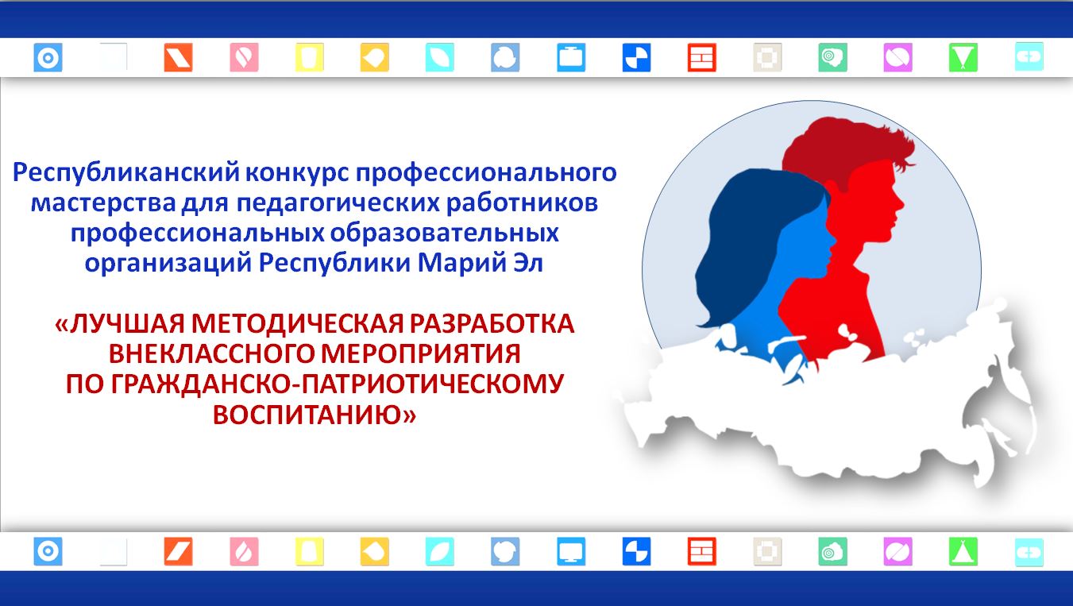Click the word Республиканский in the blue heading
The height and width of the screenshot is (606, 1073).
tap(126, 173)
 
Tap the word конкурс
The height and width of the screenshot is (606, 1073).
tap(298, 173)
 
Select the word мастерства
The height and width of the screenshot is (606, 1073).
tap(103, 203)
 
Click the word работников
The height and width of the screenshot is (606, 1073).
tap(522, 203)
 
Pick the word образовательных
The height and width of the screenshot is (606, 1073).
tap(444, 234)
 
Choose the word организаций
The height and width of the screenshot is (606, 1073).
tap(168, 264)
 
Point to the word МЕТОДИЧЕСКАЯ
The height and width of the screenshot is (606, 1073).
tap(298, 324)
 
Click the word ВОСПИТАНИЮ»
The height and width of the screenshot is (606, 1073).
tap(315, 415)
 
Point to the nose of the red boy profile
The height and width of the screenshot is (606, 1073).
tap(901, 203)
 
